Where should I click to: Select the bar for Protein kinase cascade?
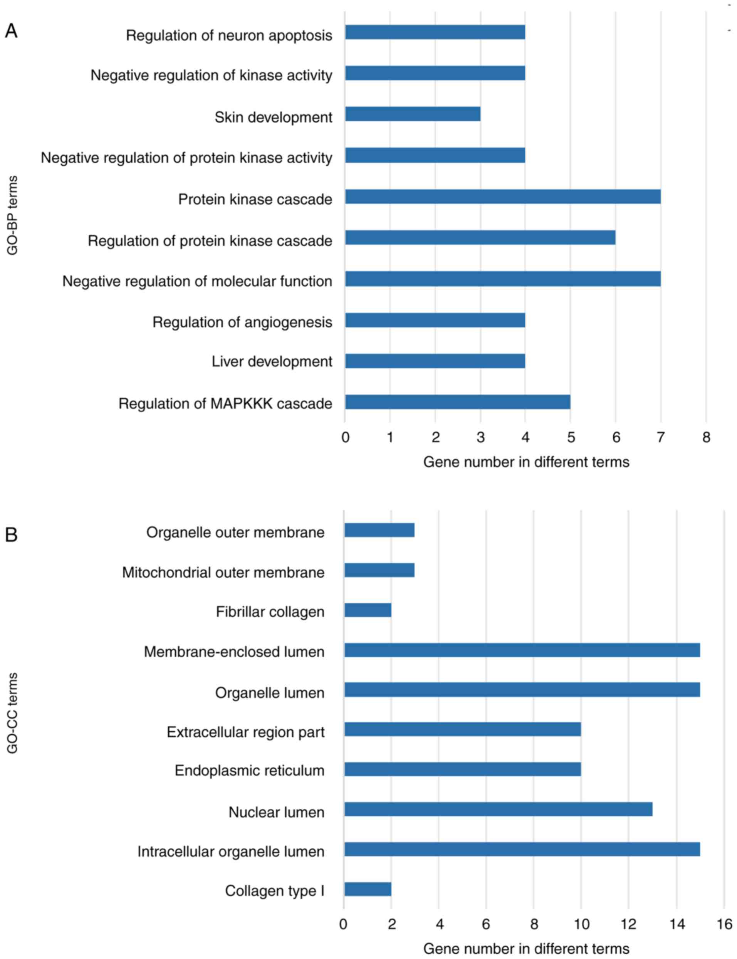click(503, 197)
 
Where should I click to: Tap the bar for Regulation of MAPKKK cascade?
click(458, 402)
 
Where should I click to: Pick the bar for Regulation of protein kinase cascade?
click(480, 238)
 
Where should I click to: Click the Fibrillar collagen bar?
click(368, 610)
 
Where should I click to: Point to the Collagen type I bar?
click(368, 889)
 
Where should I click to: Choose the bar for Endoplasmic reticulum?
click(462, 769)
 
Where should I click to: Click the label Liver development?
click(272, 361)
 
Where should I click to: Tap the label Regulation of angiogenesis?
click(242, 322)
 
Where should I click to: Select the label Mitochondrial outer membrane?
click(223, 573)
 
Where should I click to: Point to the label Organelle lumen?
click(270, 693)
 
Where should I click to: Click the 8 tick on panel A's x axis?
click(706, 437)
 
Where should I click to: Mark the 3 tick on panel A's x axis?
click(481, 437)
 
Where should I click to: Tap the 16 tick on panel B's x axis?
click(725, 924)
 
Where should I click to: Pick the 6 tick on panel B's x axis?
click(486, 924)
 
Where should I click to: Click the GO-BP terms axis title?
click(12, 215)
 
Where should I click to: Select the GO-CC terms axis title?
click(12, 713)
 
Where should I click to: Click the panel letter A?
click(11, 31)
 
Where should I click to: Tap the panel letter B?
click(11, 535)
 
